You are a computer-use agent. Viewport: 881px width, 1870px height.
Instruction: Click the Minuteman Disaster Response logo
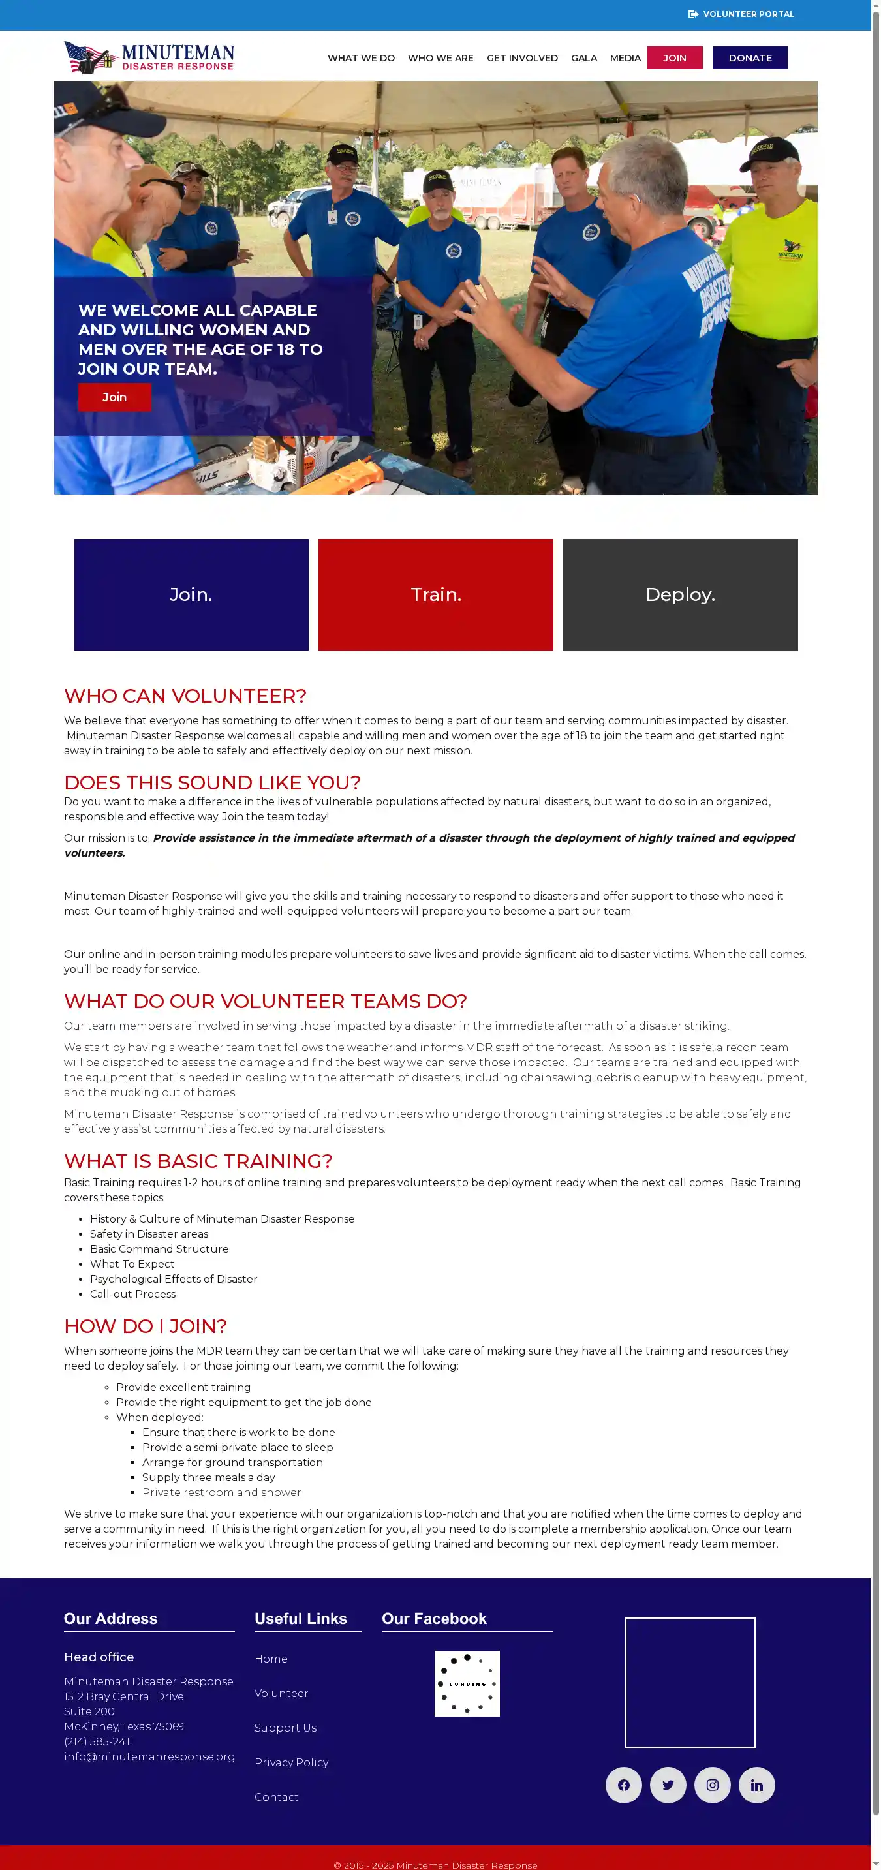click(x=149, y=57)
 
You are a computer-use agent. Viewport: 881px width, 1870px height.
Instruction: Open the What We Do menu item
click(x=361, y=58)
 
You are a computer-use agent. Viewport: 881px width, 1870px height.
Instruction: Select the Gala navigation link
click(x=583, y=58)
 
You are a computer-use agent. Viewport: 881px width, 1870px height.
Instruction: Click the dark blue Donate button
click(x=750, y=58)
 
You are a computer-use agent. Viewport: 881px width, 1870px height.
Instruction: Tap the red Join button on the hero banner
click(x=115, y=397)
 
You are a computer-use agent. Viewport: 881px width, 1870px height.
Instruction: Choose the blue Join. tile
click(x=191, y=594)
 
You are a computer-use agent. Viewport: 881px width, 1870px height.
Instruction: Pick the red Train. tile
click(x=436, y=594)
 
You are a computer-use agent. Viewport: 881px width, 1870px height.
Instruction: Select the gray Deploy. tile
click(x=680, y=594)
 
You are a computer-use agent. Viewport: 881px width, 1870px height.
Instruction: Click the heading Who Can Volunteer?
click(x=185, y=696)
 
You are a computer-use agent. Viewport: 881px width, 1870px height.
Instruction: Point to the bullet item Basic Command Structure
click(x=159, y=1249)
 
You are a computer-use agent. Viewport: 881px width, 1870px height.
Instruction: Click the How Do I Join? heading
click(x=146, y=1326)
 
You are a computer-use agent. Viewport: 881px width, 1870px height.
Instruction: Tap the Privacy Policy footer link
click(x=291, y=1762)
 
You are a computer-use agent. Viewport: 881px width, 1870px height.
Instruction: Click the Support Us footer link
click(x=285, y=1727)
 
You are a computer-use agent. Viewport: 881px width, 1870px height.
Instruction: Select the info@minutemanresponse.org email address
click(x=149, y=1756)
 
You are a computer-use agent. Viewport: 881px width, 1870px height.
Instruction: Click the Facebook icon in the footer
click(x=623, y=1785)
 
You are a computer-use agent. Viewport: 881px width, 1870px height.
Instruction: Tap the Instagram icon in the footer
click(x=712, y=1785)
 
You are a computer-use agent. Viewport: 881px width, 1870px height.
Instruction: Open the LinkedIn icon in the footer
click(x=756, y=1785)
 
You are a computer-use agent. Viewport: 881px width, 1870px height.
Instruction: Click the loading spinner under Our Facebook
click(x=467, y=1683)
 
